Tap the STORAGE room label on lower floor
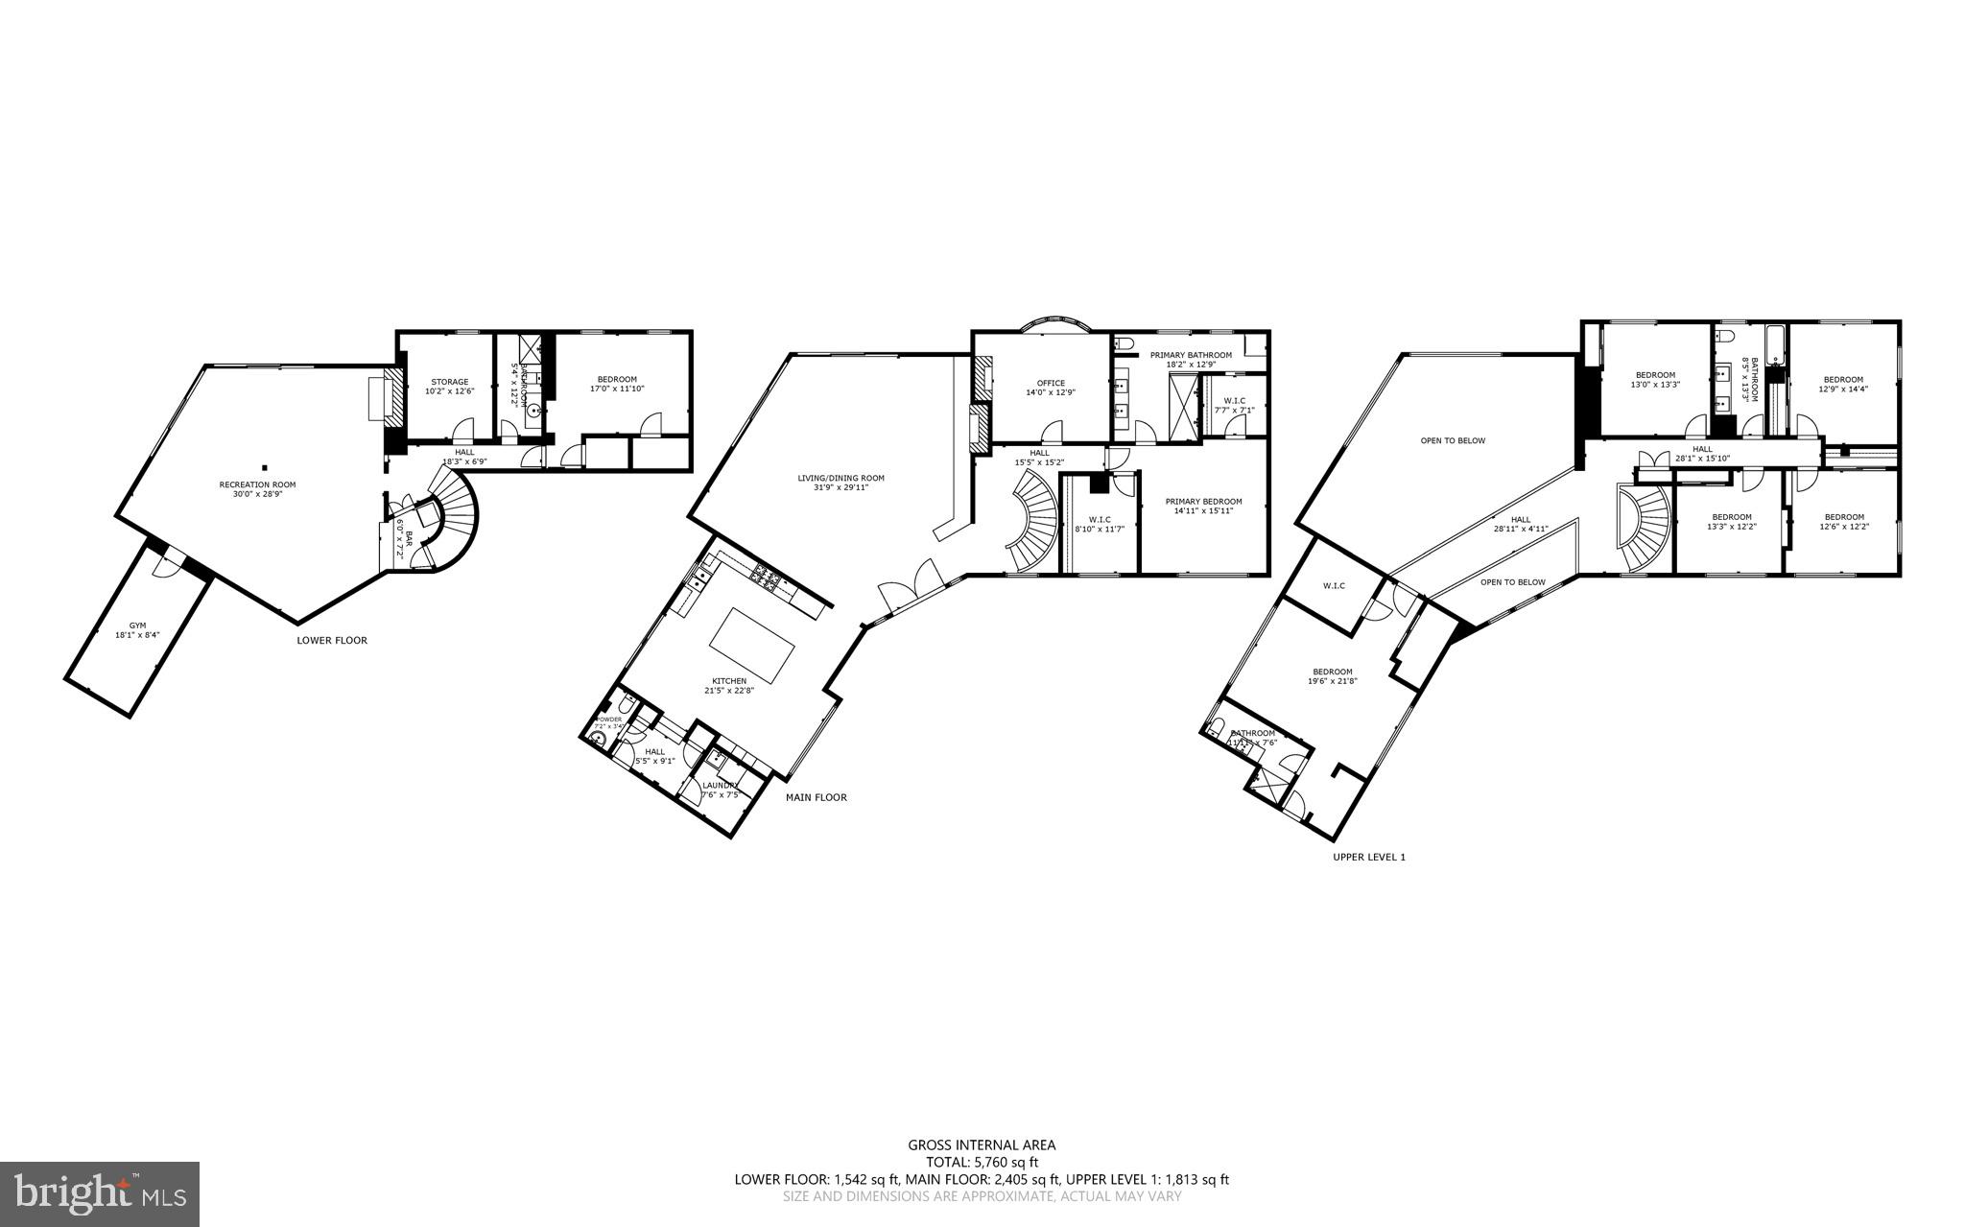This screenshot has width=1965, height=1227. pyautogui.click(x=448, y=382)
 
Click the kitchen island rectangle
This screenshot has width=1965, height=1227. pyautogui.click(x=753, y=644)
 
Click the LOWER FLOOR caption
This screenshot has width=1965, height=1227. pyautogui.click(x=332, y=640)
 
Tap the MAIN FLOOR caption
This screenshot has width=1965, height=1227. pyautogui.click(x=816, y=797)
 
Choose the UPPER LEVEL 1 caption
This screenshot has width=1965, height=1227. pyautogui.click(x=1368, y=857)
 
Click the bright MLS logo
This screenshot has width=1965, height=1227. pyautogui.click(x=99, y=1193)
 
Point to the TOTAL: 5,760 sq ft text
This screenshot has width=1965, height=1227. pyautogui.click(x=982, y=1162)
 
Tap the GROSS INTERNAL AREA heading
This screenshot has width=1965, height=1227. pyautogui.click(x=982, y=1144)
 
